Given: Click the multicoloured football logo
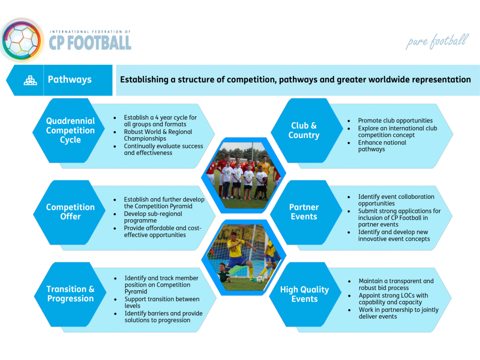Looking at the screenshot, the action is tap(22, 40).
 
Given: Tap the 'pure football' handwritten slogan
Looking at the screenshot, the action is tap(437, 42).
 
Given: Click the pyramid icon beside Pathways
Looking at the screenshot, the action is tap(30, 80).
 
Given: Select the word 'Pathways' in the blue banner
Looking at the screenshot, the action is tap(69, 80).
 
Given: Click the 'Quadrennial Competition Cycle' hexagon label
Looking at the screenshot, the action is tap(70, 130).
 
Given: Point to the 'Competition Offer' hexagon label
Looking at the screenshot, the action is tap(70, 212).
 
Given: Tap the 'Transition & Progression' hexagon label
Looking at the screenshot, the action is tap(70, 294).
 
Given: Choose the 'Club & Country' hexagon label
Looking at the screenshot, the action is tap(304, 130).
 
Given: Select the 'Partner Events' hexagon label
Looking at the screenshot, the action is tap(304, 212).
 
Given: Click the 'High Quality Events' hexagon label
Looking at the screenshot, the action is tap(305, 294).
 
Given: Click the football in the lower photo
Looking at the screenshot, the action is tap(260, 279).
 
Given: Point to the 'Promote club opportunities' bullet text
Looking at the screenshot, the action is tap(395, 120).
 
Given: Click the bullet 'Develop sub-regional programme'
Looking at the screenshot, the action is tap(153, 217).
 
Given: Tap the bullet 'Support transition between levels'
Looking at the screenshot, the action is tap(162, 302).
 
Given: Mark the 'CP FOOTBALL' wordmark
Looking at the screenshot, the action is tap(90, 43).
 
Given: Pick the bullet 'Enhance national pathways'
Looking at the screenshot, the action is tap(382, 146).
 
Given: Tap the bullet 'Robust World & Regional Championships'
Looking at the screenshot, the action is tap(158, 135).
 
